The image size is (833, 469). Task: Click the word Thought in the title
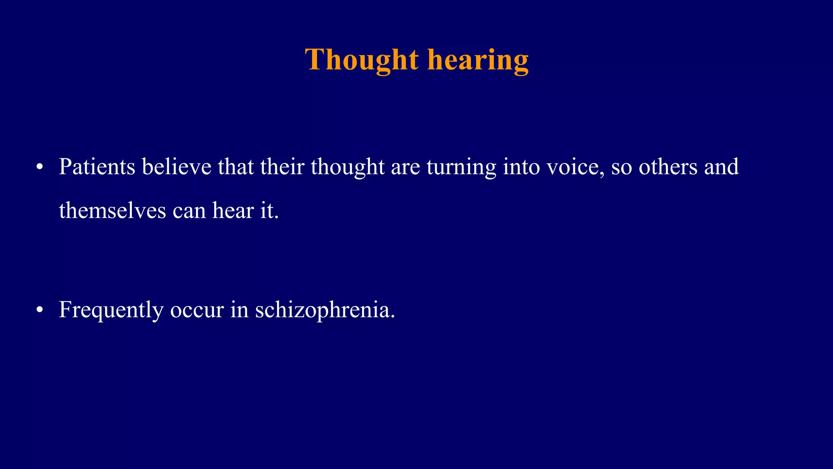(x=362, y=60)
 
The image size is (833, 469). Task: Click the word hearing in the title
(x=478, y=60)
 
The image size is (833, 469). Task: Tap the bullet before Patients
(x=39, y=167)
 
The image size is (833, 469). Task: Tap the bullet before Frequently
(x=39, y=310)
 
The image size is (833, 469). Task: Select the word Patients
(x=97, y=167)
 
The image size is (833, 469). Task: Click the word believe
(x=177, y=167)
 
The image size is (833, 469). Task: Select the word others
(x=668, y=167)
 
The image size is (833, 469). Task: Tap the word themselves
(x=112, y=211)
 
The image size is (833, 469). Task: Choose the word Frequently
(x=111, y=310)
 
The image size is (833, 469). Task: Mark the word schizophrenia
(x=325, y=310)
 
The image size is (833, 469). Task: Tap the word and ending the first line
(x=721, y=167)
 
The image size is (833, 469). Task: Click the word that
(x=236, y=167)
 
